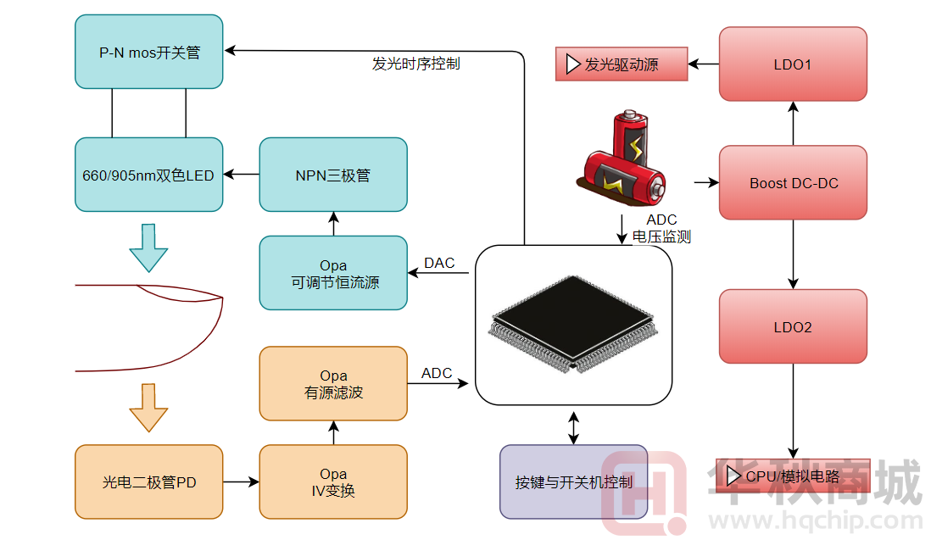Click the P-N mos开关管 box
tap(149, 52)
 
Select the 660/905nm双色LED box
tap(149, 175)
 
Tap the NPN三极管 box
tap(333, 175)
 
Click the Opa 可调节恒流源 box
tap(333, 273)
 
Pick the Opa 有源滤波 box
tap(333, 383)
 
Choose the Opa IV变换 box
tap(333, 481)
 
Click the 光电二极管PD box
tap(149, 481)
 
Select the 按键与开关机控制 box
tap(574, 481)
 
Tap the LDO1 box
tap(793, 64)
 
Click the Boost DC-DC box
tap(793, 182)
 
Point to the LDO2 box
tap(793, 326)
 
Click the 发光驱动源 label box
tap(621, 64)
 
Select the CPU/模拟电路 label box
tap(793, 476)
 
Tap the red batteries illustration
tap(626, 161)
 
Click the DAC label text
tap(439, 263)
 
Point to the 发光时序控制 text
tap(416, 64)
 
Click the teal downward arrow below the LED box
tap(148, 248)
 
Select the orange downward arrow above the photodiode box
tap(148, 408)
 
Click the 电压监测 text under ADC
tap(661, 237)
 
